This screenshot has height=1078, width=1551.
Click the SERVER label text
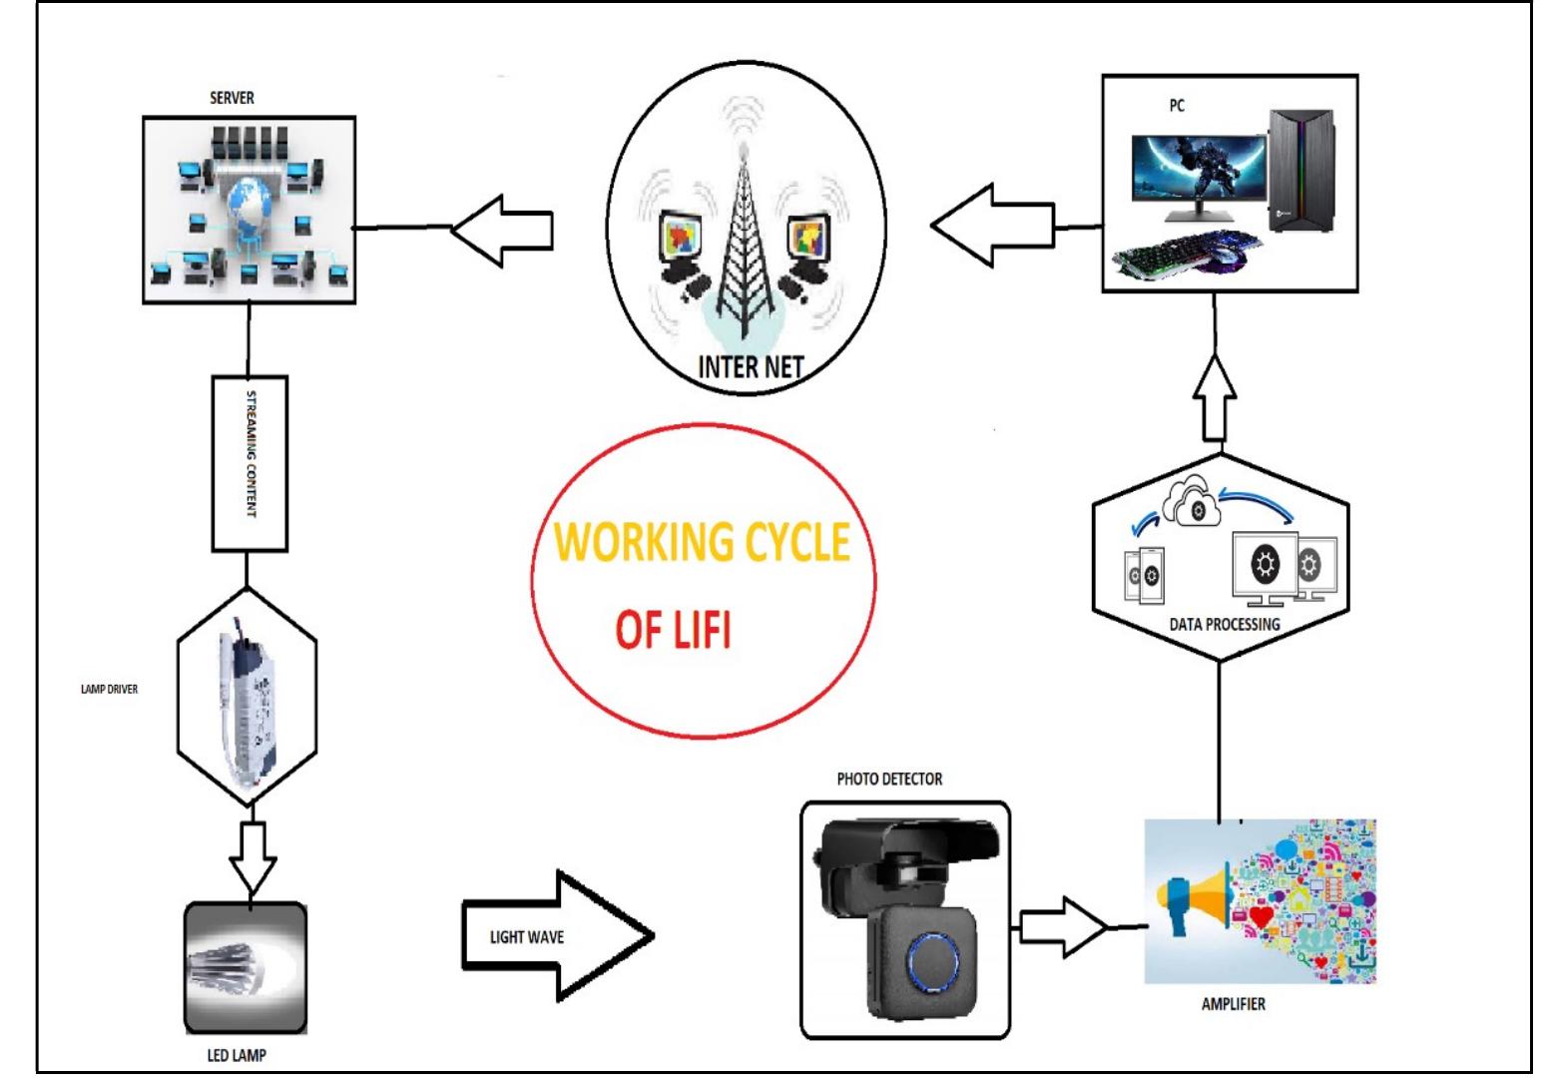coord(232,99)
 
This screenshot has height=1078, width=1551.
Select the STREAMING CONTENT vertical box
coord(250,463)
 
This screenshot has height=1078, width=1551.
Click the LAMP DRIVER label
coord(109,689)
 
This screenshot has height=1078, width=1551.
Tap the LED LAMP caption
coord(237,1055)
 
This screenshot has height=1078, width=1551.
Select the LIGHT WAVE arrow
coord(555,936)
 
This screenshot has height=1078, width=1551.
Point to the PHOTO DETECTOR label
coord(888,779)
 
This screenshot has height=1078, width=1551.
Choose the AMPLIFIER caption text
coord(1233,1004)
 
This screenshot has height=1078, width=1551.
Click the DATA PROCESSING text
coord(1224,624)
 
